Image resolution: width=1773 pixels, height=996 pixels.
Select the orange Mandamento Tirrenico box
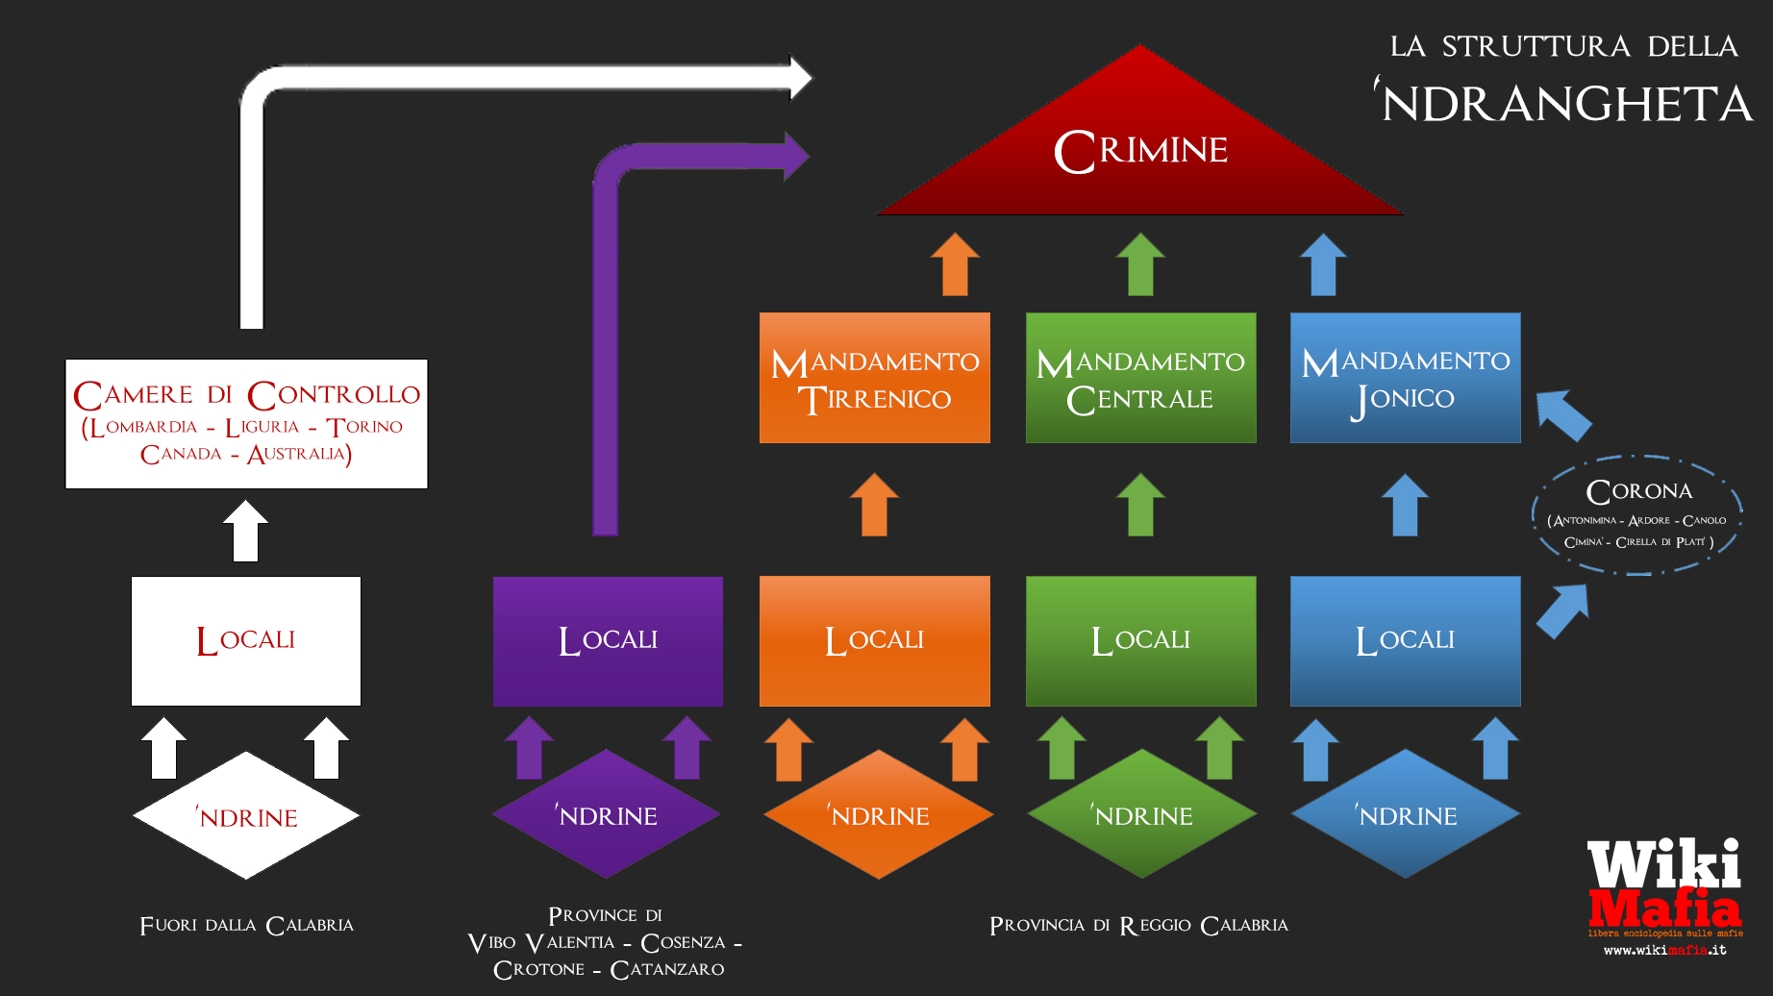pos(874,378)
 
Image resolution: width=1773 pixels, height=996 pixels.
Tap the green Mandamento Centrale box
pos(1140,378)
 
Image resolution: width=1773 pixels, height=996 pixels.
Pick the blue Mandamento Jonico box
pos(1405,378)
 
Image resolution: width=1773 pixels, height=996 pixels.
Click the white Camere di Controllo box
pos(246,424)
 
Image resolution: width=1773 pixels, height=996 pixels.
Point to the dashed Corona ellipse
pos(1637,515)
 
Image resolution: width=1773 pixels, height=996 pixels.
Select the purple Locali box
pos(608,641)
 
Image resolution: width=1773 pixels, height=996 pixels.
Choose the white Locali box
pos(246,641)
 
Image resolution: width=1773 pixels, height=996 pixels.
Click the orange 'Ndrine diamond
pos(878,815)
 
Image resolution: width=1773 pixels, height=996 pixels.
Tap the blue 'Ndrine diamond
pos(1406,815)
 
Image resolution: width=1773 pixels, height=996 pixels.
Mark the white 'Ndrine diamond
pos(246,816)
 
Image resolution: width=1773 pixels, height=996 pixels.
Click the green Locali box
pos(1140,641)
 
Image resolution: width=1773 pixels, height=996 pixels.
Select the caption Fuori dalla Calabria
pos(246,926)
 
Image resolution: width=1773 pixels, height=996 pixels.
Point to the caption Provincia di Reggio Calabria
pos(1138,926)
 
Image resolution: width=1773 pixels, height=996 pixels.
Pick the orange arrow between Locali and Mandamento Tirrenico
pos(874,505)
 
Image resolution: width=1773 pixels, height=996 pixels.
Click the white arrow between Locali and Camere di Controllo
pos(246,531)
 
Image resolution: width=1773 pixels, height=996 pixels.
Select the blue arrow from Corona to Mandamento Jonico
pos(1563,414)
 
